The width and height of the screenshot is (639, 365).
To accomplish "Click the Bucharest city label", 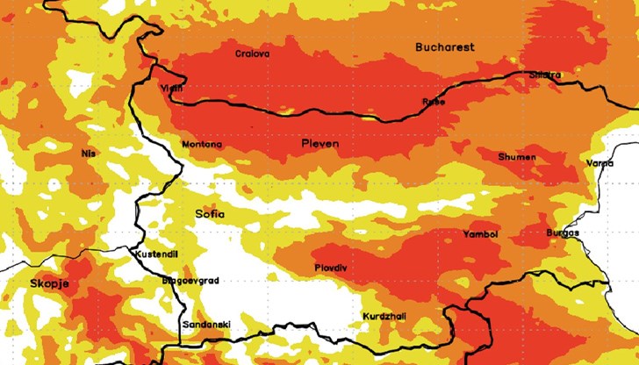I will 445,47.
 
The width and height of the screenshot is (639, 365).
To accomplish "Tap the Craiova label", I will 253,54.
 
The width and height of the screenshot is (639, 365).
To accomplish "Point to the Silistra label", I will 544,75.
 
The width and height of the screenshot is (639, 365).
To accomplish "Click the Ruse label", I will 434,102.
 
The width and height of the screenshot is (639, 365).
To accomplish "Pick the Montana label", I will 201,145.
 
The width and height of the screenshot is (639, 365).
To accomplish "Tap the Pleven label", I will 319,143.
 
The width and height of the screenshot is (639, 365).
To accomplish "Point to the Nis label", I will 87,154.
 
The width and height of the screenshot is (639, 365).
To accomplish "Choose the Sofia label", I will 209,213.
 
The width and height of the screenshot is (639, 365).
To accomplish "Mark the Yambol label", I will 480,235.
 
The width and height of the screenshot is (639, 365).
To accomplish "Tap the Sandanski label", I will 205,325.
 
